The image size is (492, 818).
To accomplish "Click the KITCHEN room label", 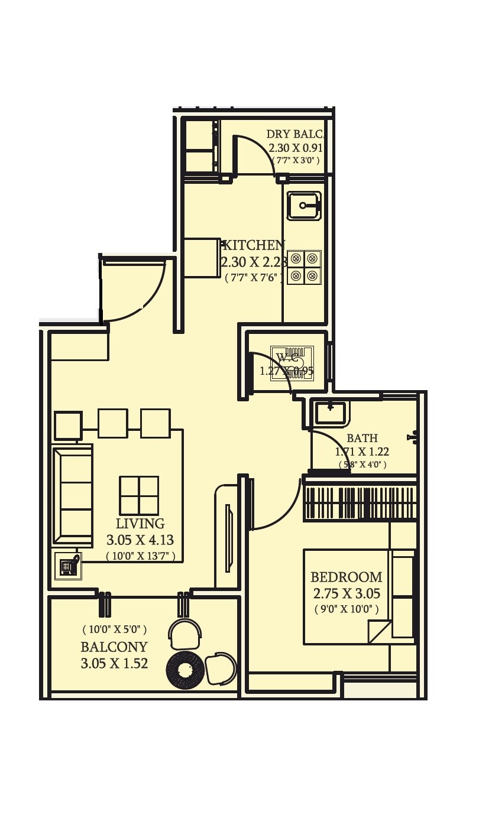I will [253, 245].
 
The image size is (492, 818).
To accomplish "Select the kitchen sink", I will [304, 206].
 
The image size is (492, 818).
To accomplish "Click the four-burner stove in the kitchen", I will [304, 267].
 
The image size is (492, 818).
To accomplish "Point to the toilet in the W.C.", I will [292, 363].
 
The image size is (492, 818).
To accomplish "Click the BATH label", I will [362, 438].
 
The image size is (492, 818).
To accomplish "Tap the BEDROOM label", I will [346, 577].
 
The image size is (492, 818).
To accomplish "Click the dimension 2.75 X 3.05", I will [346, 593].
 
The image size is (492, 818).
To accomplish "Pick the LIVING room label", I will [140, 524].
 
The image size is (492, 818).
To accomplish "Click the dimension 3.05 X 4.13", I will [140, 540].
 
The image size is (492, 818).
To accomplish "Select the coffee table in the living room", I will [139, 495].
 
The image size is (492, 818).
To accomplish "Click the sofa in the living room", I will [73, 495].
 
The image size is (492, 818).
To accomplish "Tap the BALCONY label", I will [114, 647].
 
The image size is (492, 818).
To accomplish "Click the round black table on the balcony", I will [184, 670].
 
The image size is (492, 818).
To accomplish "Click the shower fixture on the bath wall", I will [413, 437].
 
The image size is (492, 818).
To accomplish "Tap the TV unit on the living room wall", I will [228, 538].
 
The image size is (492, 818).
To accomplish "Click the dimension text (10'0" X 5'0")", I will [115, 630].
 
